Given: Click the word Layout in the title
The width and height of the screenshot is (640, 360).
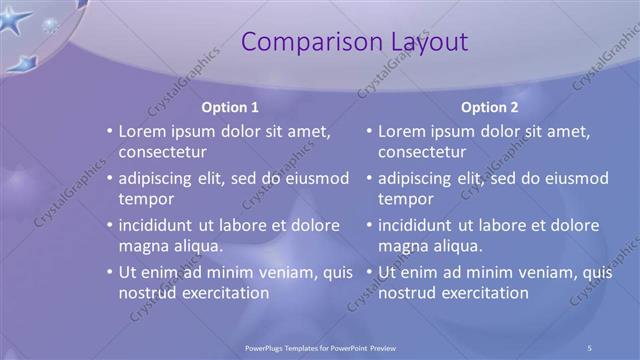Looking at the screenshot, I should tap(427, 42).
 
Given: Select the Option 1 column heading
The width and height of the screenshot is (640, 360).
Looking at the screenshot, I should tap(230, 107).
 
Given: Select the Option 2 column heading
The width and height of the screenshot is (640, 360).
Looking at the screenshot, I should tap(489, 107).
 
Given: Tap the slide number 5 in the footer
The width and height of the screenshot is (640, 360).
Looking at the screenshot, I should tap(590, 347).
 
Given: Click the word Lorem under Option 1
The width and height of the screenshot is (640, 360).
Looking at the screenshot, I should tap(143, 131).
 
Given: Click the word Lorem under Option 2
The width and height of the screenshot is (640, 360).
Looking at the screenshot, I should tap(402, 131).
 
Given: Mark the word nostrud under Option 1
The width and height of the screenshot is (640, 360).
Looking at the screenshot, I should tap(148, 293).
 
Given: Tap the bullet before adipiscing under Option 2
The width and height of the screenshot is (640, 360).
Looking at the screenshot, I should tap(369, 179).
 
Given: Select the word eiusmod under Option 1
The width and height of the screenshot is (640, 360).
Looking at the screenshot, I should tap(314, 179).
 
